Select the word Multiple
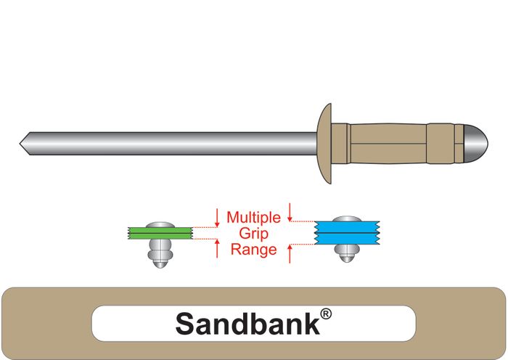[253, 217]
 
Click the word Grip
[253, 233]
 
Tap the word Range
[253, 250]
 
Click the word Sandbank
[247, 323]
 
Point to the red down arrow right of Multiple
[290, 212]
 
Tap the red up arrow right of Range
[290, 254]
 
